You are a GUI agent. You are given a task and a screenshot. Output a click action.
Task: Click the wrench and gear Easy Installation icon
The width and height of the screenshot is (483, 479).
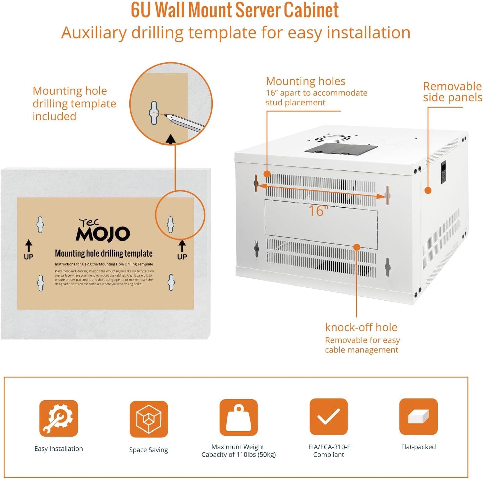(58, 418)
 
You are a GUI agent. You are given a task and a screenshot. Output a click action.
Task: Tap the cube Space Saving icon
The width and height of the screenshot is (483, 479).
(149, 419)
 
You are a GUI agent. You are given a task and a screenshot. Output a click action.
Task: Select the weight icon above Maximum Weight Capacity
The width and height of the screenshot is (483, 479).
(238, 417)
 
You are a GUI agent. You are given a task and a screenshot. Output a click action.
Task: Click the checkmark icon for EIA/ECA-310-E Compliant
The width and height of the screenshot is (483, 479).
(328, 416)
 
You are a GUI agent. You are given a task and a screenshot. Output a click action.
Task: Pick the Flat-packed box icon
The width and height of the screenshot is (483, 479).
(418, 416)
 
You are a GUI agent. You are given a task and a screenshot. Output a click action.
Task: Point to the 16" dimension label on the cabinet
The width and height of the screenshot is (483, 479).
(318, 211)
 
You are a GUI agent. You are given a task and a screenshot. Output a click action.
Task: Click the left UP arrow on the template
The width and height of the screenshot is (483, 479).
(29, 246)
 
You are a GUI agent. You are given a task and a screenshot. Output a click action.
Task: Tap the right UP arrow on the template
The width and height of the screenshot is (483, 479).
(182, 246)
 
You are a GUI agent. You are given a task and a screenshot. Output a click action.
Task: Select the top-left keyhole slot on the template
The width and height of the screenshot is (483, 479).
(40, 225)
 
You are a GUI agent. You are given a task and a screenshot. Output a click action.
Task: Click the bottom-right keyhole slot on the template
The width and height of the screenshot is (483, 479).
(171, 282)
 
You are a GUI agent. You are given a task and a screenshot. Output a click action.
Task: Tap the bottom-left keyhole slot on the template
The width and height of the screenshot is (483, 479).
(41, 283)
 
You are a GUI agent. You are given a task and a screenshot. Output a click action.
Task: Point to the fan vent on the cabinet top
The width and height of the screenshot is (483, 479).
(333, 139)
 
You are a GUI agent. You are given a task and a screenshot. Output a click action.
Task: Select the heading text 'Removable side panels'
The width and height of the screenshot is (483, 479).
(452, 92)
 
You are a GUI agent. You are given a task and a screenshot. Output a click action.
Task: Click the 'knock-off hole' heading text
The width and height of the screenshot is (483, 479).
(361, 327)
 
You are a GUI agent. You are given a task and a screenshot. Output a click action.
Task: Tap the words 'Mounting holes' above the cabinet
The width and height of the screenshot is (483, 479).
(306, 81)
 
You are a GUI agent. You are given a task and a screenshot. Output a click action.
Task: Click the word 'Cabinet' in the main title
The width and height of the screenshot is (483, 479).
(311, 10)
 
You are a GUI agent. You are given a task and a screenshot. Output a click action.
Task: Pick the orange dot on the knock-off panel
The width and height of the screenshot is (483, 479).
(357, 247)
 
